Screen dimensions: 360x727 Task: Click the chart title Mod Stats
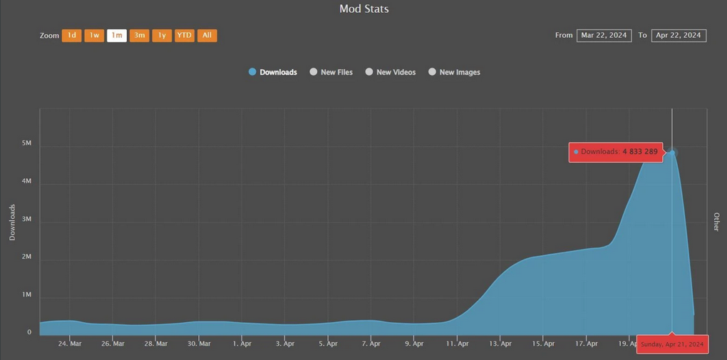point(363,9)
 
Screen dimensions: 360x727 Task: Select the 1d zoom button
point(71,36)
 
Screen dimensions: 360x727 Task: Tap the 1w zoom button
point(94,36)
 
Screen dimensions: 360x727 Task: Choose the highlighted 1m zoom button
point(117,36)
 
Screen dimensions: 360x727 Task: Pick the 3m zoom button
point(139,36)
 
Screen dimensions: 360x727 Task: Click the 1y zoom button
point(162,36)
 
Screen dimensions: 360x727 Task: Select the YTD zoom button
point(184,36)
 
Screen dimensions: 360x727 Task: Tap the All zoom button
point(207,36)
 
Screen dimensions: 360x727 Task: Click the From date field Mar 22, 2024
point(604,36)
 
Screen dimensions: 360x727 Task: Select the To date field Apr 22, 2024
point(679,36)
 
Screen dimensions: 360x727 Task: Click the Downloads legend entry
point(273,72)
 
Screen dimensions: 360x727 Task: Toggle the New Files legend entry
point(331,72)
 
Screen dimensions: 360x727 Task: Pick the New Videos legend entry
point(391,72)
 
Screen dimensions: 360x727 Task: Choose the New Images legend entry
point(455,72)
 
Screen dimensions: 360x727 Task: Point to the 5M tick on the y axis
point(26,143)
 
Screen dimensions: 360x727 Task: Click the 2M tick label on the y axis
point(26,257)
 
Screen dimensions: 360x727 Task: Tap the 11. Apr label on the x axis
point(458,344)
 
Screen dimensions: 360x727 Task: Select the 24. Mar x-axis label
point(70,344)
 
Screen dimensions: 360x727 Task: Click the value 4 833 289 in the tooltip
point(640,152)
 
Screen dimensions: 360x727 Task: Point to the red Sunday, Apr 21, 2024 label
point(672,344)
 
